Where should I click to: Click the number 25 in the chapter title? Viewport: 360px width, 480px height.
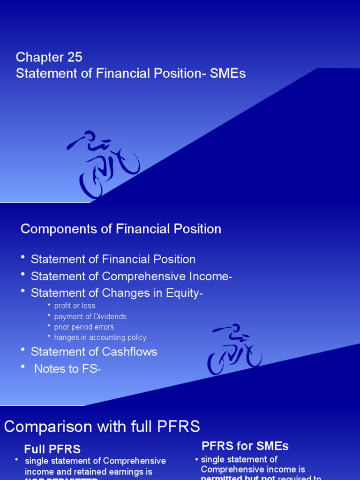[75, 57]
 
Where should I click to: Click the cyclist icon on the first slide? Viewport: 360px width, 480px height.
[104, 164]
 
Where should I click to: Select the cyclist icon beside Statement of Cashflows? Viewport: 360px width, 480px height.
[234, 349]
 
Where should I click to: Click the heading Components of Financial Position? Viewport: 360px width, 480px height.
[120, 229]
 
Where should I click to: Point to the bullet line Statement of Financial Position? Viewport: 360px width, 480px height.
[113, 259]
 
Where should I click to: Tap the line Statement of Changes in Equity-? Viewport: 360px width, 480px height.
[117, 293]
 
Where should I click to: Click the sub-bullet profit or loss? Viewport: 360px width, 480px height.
[75, 306]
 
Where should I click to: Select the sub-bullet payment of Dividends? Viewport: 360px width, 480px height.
[90, 316]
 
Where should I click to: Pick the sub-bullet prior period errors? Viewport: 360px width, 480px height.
[84, 327]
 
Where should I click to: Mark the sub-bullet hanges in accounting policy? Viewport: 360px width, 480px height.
[100, 337]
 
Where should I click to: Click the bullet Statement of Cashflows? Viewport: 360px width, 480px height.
[94, 352]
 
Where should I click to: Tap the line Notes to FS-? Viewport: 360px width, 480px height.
[67, 369]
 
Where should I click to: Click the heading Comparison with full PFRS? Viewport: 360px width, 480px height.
[102, 427]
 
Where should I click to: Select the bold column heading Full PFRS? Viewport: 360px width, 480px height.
[52, 450]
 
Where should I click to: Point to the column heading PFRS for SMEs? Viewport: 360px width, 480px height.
[245, 446]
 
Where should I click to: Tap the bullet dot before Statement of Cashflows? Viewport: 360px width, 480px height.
[23, 350]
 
